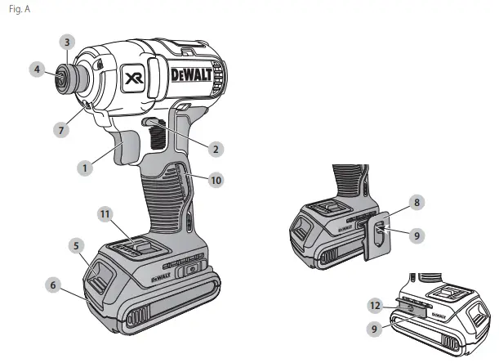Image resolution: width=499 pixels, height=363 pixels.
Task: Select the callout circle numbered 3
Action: pos(69,41)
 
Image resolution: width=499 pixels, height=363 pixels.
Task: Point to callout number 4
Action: pos(37,69)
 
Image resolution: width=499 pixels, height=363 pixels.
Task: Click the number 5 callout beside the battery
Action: pos(75,244)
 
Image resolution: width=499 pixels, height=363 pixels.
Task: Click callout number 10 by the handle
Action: pos(215,178)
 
